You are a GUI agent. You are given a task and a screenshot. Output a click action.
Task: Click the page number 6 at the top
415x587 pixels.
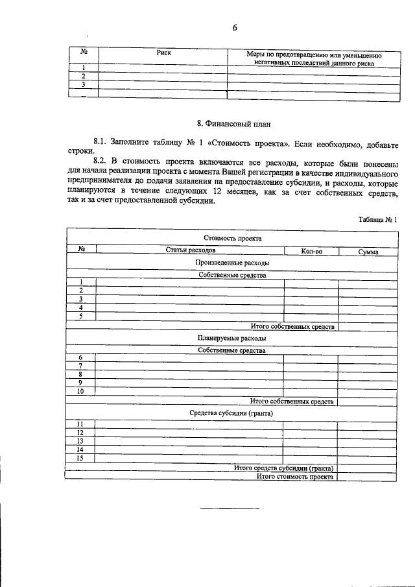click(235, 27)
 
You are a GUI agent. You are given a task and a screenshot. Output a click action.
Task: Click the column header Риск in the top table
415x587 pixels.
click(163, 53)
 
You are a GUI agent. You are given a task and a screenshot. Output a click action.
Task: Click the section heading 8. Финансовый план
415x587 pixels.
click(233, 122)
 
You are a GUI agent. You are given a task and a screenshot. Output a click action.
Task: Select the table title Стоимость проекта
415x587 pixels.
click(232, 238)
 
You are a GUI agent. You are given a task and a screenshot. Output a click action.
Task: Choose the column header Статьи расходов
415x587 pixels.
click(190, 250)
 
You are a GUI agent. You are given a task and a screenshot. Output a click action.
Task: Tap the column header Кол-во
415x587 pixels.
click(311, 251)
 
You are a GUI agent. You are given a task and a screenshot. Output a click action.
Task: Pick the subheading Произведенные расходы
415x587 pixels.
click(231, 263)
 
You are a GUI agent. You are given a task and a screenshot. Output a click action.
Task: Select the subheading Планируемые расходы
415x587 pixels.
click(231, 338)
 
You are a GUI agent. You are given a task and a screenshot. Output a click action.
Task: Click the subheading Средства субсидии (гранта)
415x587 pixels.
click(231, 413)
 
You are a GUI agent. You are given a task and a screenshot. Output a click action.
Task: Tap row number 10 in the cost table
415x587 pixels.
click(80, 391)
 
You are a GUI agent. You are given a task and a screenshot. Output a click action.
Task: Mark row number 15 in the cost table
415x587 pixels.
click(80, 458)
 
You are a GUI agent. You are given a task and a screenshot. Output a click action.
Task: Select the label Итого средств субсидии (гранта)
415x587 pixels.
click(283, 468)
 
